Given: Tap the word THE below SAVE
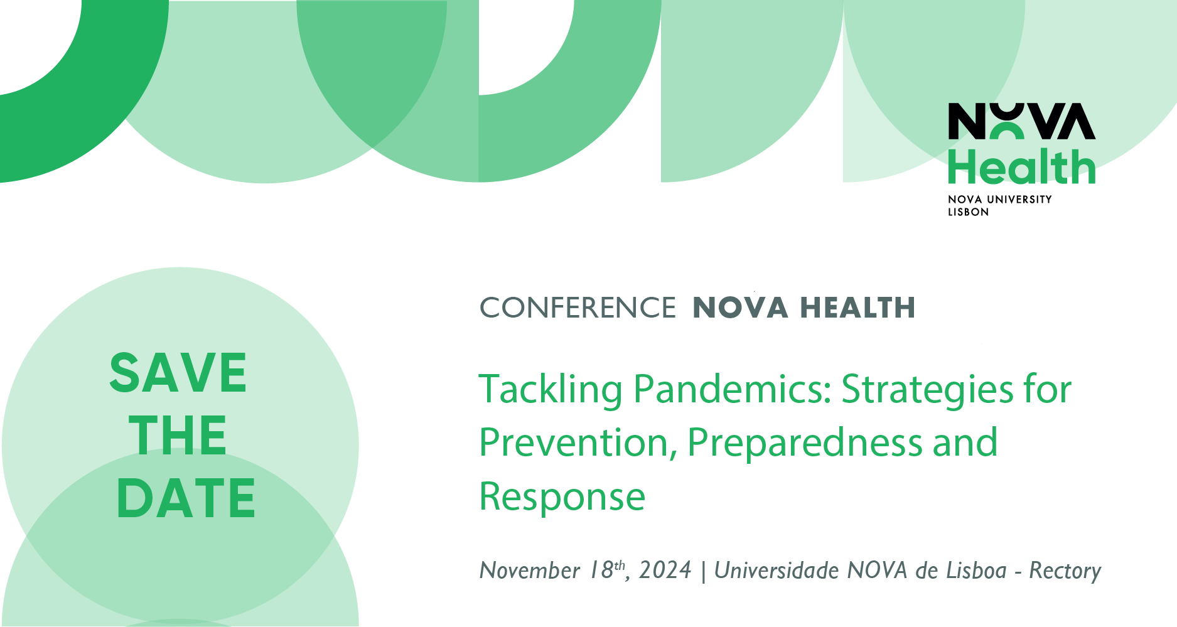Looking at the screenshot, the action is (x=178, y=435).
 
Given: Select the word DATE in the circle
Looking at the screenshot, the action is (x=186, y=498).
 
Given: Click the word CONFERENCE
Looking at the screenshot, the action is (x=578, y=308).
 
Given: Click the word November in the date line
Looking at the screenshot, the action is (x=530, y=571).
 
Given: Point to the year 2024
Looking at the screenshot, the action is (x=665, y=571).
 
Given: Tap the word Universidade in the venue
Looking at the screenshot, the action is (x=777, y=571).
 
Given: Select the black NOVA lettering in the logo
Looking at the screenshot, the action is (x=1022, y=121).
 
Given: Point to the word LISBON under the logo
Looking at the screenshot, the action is (x=968, y=212).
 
